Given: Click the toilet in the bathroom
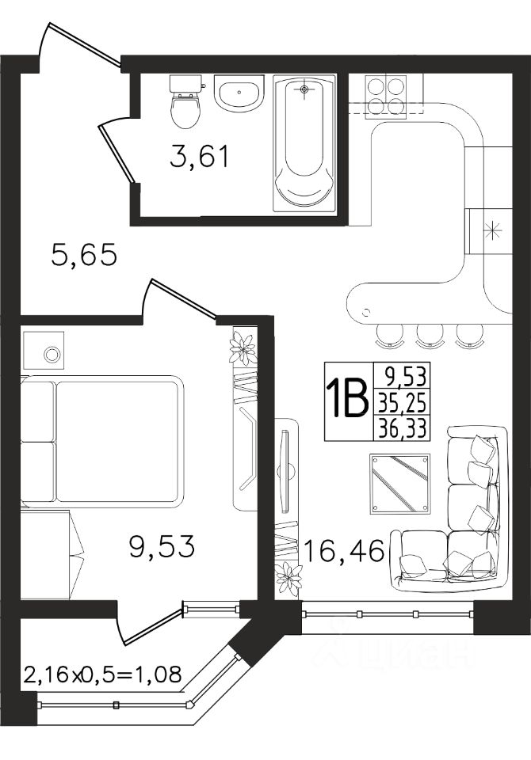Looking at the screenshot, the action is (185, 102).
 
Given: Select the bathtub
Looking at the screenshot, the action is (304, 143).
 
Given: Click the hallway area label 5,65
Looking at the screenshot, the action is (84, 254).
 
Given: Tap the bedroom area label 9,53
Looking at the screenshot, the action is (162, 545).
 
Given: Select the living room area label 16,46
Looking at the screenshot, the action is (344, 551).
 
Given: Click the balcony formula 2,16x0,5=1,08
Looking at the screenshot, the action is (102, 674).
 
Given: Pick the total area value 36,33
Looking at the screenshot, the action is (402, 428).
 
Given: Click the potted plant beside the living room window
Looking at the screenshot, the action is (288, 577).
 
